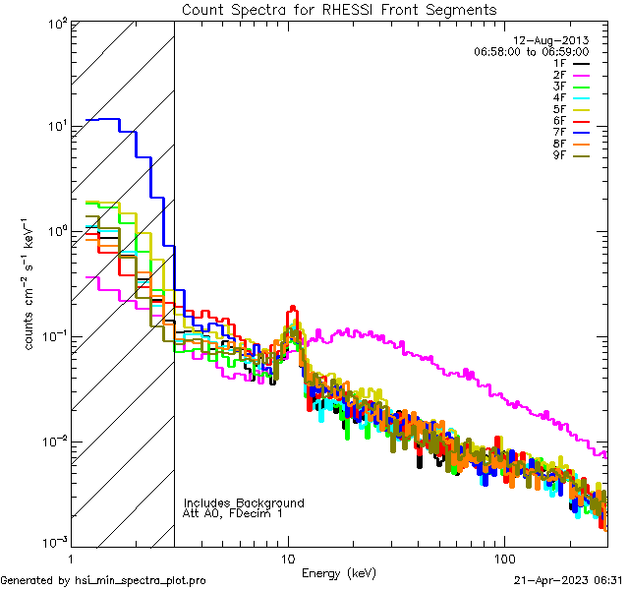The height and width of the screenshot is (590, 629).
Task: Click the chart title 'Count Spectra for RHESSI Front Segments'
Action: click(339, 10)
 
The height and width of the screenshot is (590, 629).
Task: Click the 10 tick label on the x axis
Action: click(288, 558)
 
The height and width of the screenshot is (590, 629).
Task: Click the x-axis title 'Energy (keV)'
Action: click(339, 572)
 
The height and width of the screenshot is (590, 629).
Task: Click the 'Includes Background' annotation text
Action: click(244, 502)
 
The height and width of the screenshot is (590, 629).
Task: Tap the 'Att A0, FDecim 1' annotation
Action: click(233, 513)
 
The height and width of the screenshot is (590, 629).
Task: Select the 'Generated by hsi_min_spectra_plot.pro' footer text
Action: click(103, 580)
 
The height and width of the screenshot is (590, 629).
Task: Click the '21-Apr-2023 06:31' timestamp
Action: click(570, 580)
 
